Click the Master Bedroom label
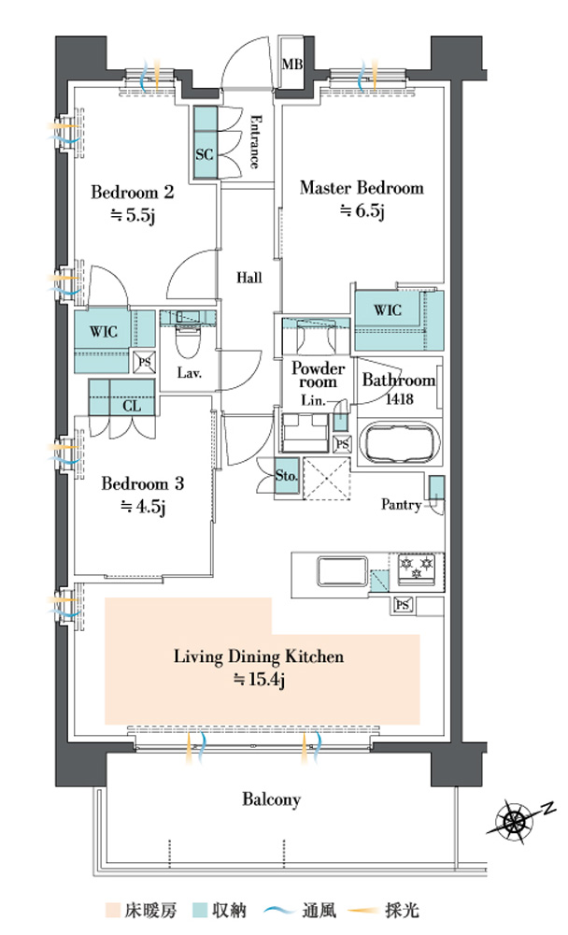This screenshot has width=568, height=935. click(x=362, y=188)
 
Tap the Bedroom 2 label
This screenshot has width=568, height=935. click(x=133, y=192)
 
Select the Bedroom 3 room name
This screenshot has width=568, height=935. click(x=142, y=483)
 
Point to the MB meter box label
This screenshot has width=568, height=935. click(x=292, y=64)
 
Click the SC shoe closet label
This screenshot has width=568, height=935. click(x=205, y=154)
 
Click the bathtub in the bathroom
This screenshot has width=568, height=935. click(x=400, y=442)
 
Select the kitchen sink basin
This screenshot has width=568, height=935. click(x=343, y=571)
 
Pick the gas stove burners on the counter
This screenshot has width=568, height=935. click(x=417, y=566)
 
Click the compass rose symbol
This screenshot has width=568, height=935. click(x=515, y=823)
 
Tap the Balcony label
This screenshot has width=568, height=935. click(x=271, y=799)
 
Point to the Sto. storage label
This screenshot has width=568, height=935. click(x=287, y=476)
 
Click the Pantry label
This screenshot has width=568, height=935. click(x=401, y=505)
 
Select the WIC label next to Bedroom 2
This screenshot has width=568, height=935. click(x=104, y=331)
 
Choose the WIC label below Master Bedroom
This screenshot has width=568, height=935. click(x=388, y=310)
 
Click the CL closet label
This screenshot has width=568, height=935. click(x=132, y=406)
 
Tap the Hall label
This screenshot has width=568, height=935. click(x=249, y=278)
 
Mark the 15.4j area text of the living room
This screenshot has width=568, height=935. click(x=260, y=680)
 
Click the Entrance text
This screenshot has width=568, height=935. click(x=254, y=141)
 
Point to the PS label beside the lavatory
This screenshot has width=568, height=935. click(x=145, y=361)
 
